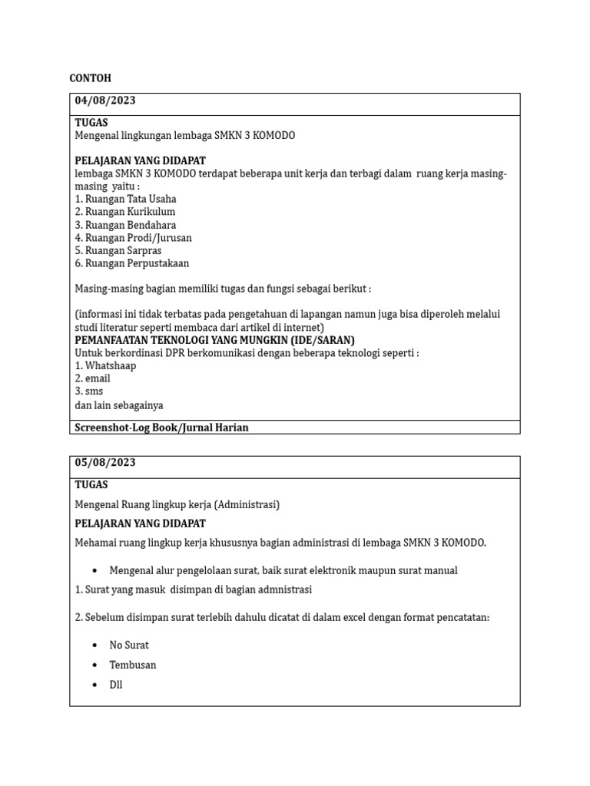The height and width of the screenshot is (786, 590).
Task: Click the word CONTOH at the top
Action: coord(90,78)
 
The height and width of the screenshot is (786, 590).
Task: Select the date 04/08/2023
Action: coord(105,101)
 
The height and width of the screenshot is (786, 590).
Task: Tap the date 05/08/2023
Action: coord(105,463)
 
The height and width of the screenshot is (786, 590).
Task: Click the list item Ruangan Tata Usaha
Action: coord(124,199)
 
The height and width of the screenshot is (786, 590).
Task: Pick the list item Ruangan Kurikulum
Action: coord(124,212)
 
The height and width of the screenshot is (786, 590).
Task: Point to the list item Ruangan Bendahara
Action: coord(125,225)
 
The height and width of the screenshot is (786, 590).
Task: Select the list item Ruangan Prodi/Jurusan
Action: coord(133,238)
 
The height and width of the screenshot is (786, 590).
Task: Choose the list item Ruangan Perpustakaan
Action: coord(131,263)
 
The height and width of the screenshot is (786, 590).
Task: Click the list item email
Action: coord(92,378)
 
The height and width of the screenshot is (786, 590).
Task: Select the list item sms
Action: coord(89,391)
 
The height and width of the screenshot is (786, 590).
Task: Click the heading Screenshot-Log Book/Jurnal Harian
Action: coord(161,428)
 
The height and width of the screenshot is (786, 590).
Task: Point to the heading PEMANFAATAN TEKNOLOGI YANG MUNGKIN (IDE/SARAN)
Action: coord(214,340)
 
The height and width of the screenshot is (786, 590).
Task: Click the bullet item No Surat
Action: coord(129,645)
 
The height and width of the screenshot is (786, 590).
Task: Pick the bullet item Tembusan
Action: coord(133,665)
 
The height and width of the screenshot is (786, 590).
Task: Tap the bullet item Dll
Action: coord(116,685)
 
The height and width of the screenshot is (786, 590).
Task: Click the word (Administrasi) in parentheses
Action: coord(247,504)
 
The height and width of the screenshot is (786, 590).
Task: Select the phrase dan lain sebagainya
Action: coord(118,405)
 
